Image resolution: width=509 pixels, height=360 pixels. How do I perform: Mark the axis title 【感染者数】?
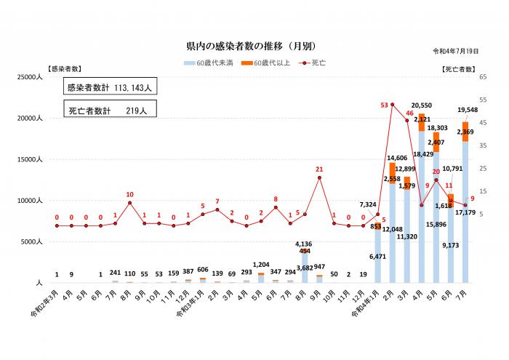tap(64, 68)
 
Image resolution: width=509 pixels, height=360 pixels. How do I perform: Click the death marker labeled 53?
tap(392, 104)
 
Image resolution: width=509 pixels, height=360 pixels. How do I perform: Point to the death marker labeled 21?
tap(319, 177)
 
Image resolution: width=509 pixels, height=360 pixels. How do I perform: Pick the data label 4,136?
tap(304, 244)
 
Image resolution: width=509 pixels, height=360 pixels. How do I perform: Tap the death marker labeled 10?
tap(129, 203)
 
